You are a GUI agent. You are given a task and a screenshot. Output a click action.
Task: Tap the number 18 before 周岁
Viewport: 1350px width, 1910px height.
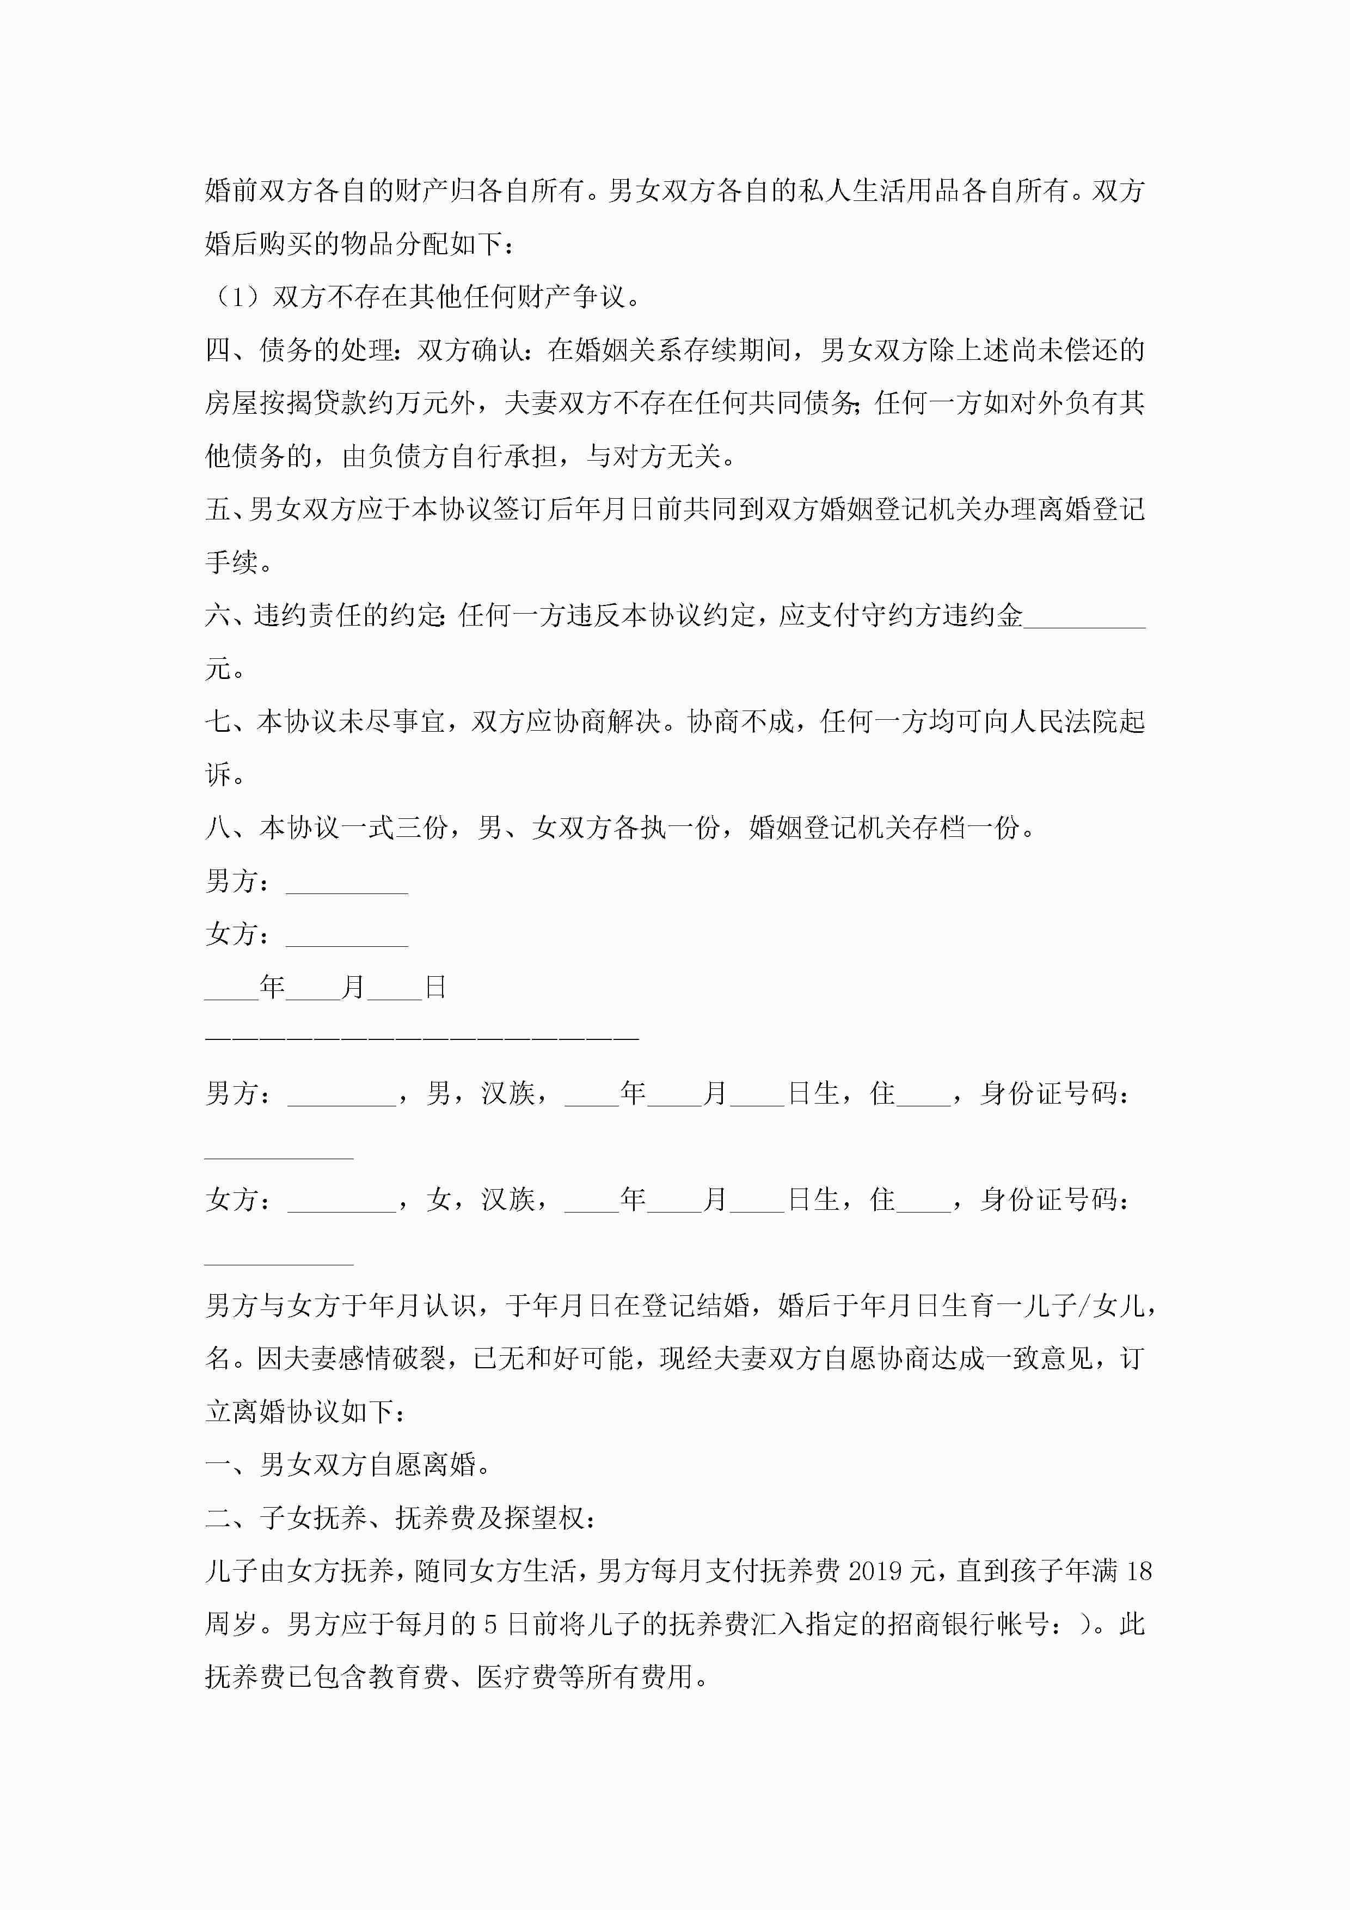click(1138, 1571)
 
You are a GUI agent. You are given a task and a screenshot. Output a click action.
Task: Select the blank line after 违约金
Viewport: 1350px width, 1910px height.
click(1084, 616)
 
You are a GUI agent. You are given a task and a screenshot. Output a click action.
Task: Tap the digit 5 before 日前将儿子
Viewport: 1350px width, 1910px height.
click(491, 1624)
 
